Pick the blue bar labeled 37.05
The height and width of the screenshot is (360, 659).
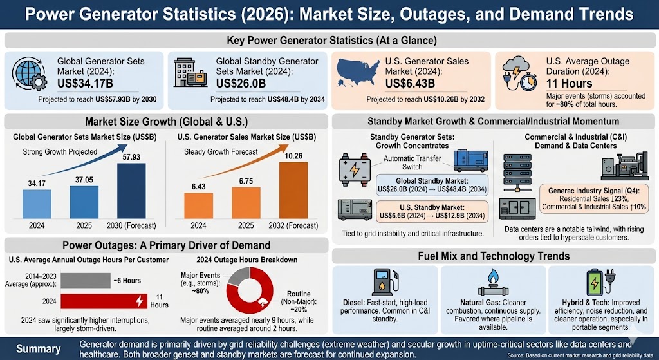click(84, 202)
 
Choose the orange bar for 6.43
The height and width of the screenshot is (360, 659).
click(198, 206)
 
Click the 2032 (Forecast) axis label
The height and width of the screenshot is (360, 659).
click(294, 225)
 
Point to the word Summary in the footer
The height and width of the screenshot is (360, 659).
click(39, 349)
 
